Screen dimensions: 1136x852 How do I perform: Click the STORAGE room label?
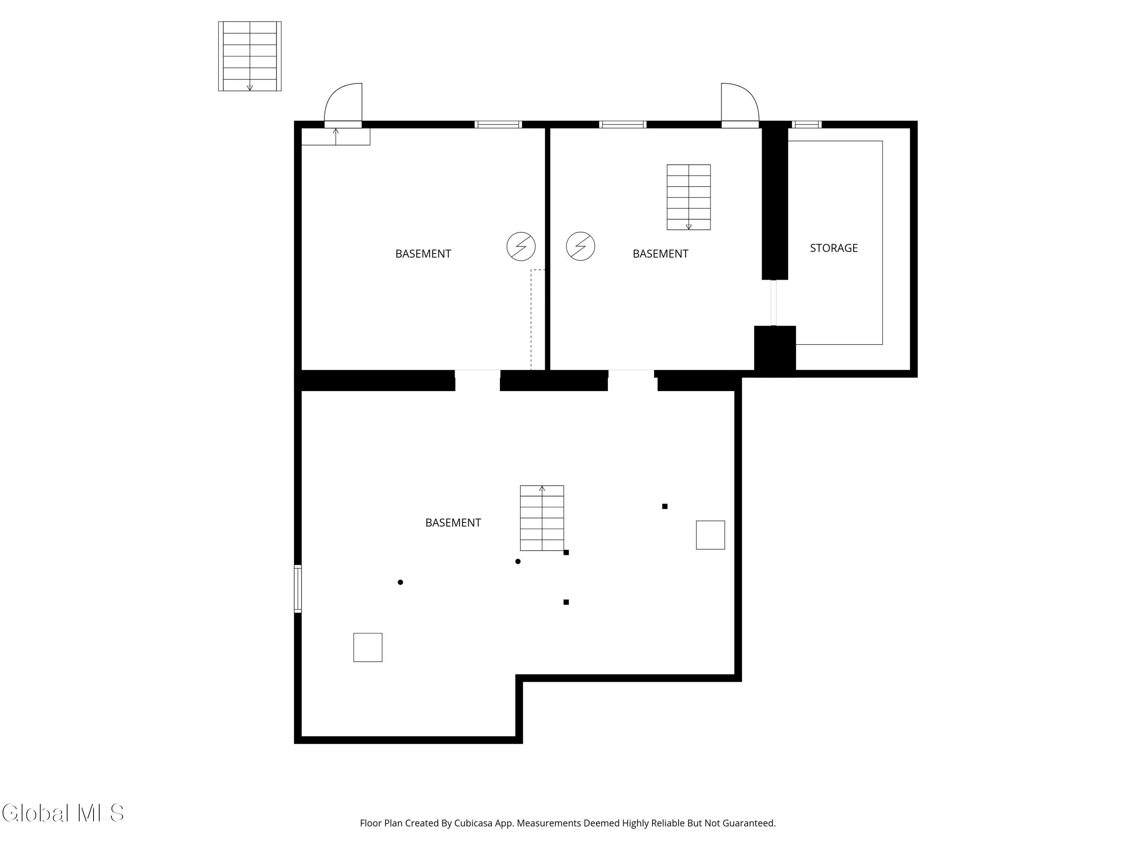click(833, 248)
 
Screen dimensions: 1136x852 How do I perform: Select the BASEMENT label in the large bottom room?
click(453, 523)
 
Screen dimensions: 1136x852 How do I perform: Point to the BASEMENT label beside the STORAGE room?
click(660, 254)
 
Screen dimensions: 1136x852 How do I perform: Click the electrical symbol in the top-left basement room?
click(521, 247)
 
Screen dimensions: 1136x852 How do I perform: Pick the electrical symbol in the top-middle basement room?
click(580, 247)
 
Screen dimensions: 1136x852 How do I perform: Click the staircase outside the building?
click(250, 56)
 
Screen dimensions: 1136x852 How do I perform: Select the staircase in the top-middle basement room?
click(688, 197)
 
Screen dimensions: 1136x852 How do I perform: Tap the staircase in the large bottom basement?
click(542, 518)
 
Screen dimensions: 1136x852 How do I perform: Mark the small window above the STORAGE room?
click(807, 124)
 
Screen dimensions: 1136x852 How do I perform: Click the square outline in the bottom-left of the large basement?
click(368, 647)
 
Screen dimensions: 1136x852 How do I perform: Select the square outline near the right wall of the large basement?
click(710, 535)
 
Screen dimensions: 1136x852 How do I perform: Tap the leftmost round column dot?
click(401, 582)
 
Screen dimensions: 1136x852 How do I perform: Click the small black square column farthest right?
click(665, 506)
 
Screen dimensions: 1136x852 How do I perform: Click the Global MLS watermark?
click(63, 813)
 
